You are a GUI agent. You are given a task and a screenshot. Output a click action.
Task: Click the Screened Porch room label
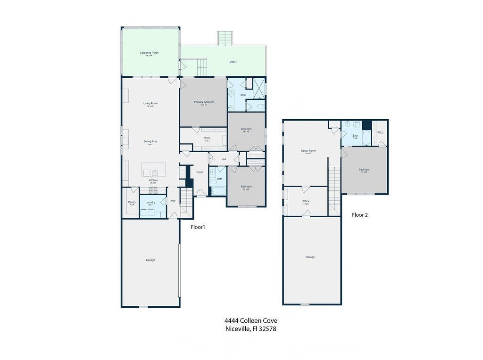149,53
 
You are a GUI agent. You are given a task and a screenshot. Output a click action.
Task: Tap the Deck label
232,62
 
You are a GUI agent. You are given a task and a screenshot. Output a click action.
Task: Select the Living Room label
150,103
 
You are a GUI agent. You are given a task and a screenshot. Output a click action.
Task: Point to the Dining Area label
150,141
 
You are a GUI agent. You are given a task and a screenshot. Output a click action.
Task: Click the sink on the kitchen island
154,172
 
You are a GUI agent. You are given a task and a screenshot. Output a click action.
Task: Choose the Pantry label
132,202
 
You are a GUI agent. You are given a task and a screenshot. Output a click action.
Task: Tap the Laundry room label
150,202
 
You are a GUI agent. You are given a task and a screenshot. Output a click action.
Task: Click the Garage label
150,260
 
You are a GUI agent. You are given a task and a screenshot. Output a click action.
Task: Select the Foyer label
200,172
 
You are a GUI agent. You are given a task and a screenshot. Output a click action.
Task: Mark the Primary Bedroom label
204,102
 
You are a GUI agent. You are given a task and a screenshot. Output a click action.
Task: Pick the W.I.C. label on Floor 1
207,138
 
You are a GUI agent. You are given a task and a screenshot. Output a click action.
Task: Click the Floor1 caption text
198,227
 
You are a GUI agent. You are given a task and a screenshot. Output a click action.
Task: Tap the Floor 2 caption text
359,215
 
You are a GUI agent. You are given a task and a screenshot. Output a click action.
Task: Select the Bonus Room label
308,151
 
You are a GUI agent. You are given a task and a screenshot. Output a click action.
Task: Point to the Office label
306,201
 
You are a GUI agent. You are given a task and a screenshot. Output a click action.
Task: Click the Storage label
310,257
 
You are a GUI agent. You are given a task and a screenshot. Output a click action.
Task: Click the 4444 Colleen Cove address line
250,320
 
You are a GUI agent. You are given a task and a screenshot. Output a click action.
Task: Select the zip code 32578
266,329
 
